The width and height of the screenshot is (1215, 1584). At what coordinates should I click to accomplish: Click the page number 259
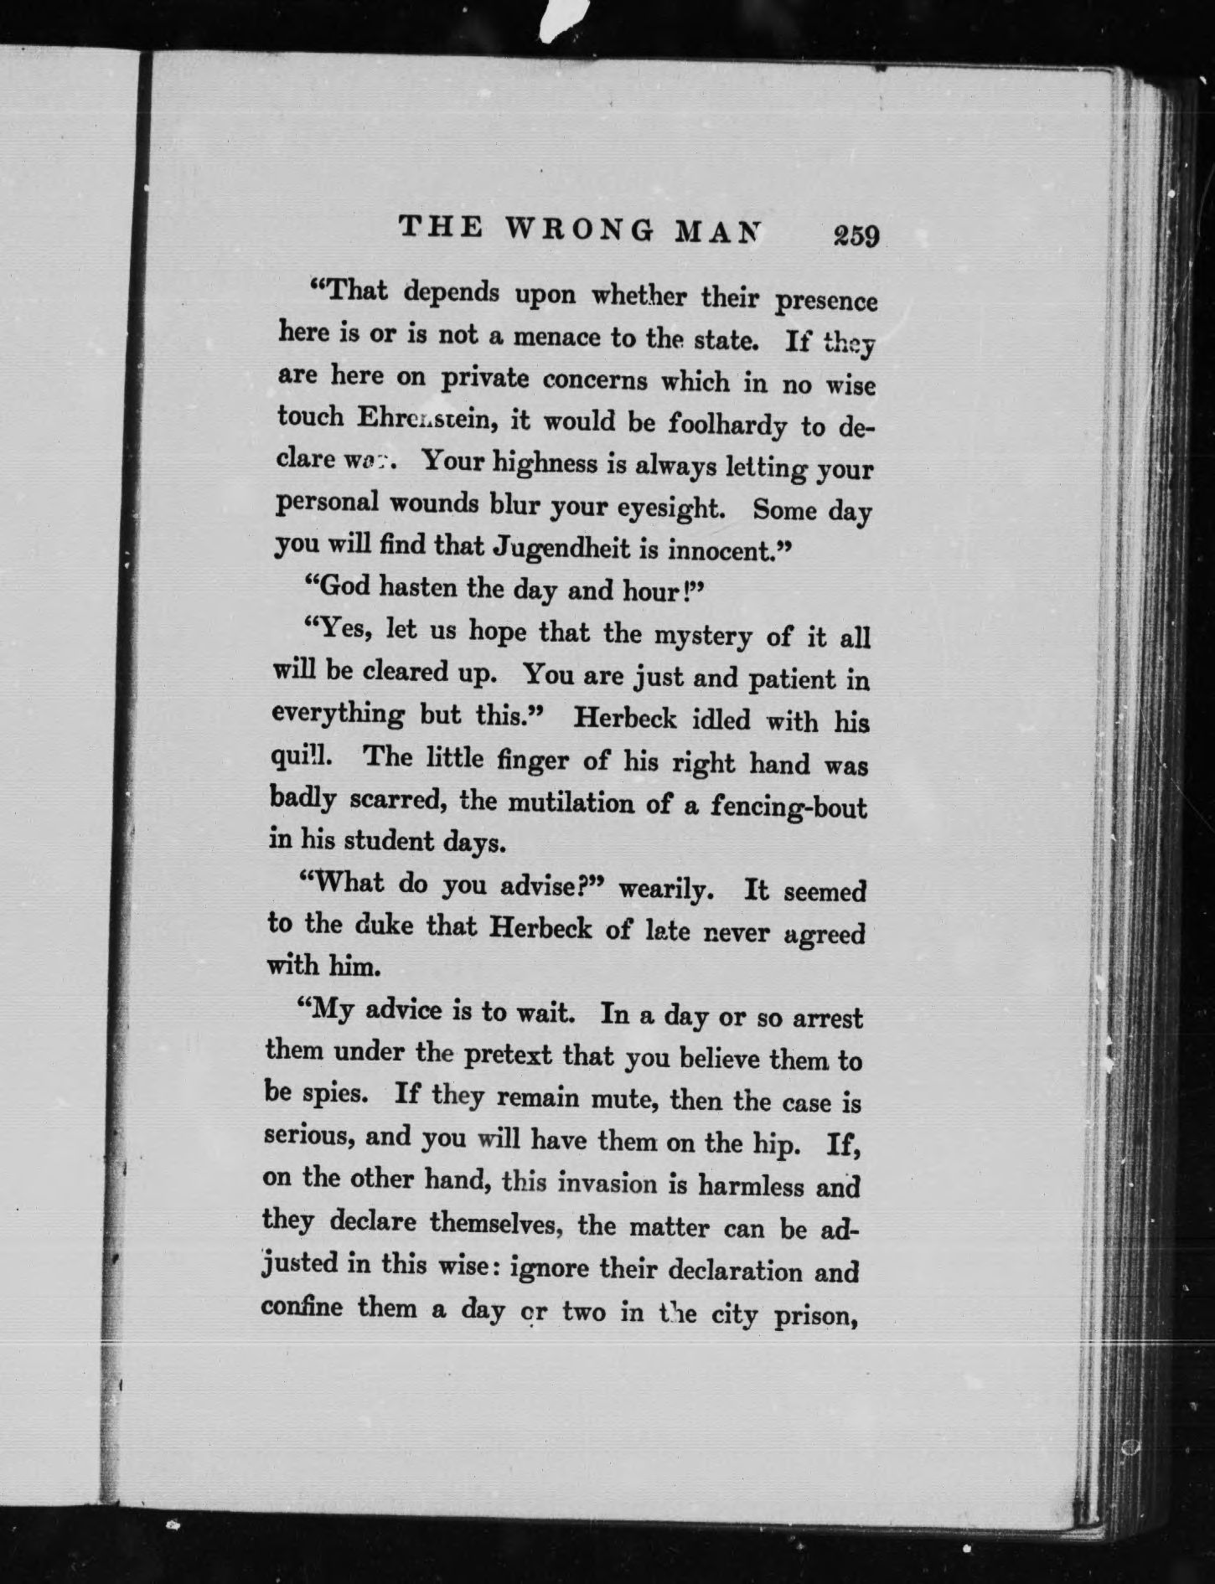point(856,236)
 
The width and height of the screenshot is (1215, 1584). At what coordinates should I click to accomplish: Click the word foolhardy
point(727,424)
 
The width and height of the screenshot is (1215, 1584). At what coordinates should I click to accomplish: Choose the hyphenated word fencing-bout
point(788,807)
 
